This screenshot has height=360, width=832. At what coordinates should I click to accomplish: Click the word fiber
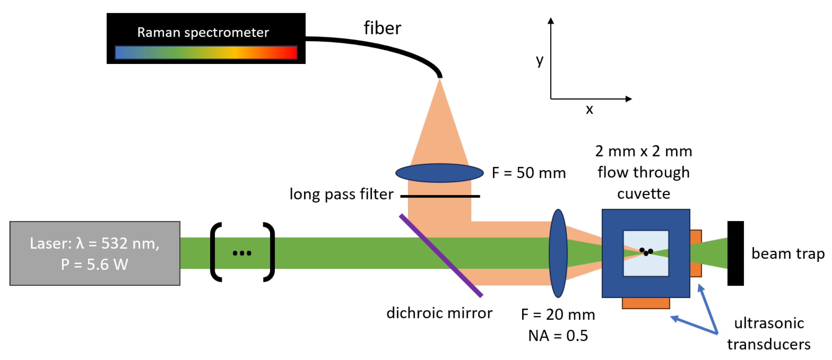click(382, 28)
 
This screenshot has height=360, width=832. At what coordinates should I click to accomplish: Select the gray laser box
click(95, 253)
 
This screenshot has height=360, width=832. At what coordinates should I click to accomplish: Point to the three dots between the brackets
click(242, 253)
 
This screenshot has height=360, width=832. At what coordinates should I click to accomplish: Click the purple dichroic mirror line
click(441, 255)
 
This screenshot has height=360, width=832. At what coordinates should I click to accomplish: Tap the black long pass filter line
click(440, 196)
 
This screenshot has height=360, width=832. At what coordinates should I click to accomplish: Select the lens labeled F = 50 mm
click(439, 173)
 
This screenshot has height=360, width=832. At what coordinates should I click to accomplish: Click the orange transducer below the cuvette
click(646, 303)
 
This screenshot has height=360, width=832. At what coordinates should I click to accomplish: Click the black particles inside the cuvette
click(646, 252)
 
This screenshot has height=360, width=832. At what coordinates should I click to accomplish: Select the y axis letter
click(539, 60)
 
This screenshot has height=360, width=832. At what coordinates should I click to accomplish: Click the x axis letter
click(589, 110)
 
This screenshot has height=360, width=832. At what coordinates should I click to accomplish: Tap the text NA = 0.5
click(558, 336)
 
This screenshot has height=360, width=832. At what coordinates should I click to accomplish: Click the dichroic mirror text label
click(439, 313)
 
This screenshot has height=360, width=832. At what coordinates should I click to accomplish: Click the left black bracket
click(216, 252)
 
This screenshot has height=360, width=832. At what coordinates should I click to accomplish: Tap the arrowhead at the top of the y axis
click(551, 21)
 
